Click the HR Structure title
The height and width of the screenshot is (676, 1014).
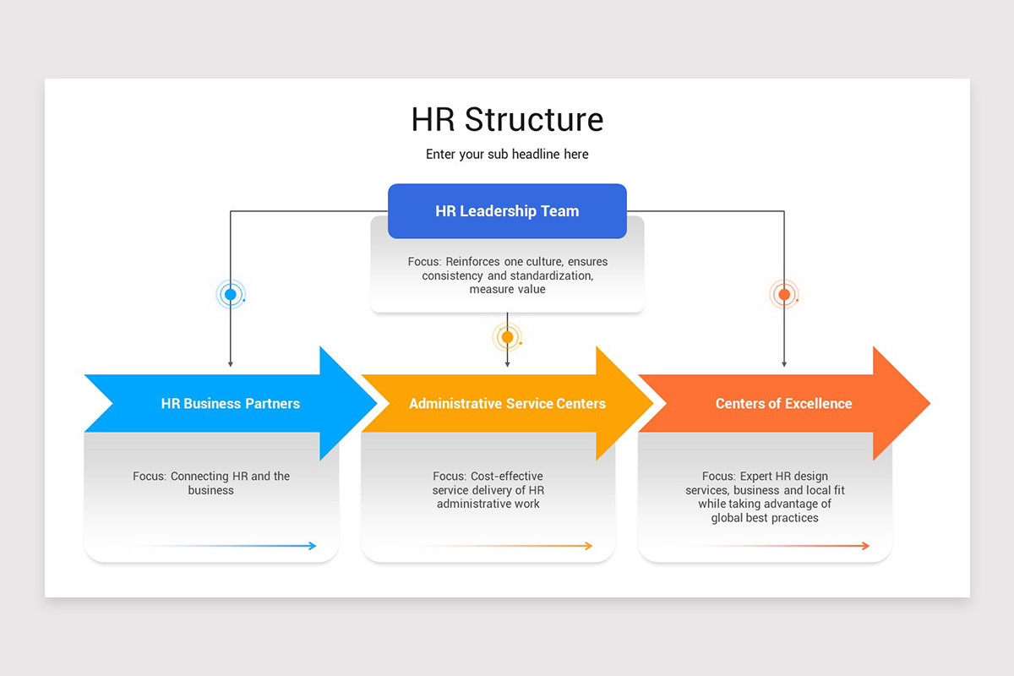pyautogui.click(x=507, y=119)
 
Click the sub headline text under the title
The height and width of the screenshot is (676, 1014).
pyautogui.click(x=507, y=155)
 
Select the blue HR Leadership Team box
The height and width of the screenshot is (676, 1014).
pyautogui.click(x=507, y=211)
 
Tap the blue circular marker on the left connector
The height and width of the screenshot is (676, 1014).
pyautogui.click(x=230, y=295)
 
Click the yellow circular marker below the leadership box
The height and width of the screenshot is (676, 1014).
pyautogui.click(x=507, y=337)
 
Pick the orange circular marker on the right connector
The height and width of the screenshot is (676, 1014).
pyautogui.click(x=784, y=295)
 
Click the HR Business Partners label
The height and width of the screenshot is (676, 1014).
pyautogui.click(x=230, y=404)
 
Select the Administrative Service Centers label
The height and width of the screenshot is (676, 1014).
pyautogui.click(x=507, y=404)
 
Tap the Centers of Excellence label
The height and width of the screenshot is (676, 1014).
pyautogui.click(x=783, y=404)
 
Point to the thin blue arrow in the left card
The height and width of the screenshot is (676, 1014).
pyautogui.click(x=253, y=546)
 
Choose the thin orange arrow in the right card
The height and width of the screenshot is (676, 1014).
pyautogui.click(x=803, y=546)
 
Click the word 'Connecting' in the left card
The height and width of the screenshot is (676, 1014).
pyautogui.click(x=199, y=477)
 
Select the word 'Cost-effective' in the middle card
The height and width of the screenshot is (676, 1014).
pyautogui.click(x=506, y=477)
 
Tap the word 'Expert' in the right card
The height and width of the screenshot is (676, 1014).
pyautogui.click(x=757, y=477)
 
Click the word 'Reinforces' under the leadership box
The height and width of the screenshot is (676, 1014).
pyautogui.click(x=472, y=262)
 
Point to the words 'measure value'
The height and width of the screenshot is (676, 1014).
pyautogui.click(x=507, y=290)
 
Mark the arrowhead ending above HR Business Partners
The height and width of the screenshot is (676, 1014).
pyautogui.click(x=230, y=363)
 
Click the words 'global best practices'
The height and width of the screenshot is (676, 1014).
pyautogui.click(x=765, y=518)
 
